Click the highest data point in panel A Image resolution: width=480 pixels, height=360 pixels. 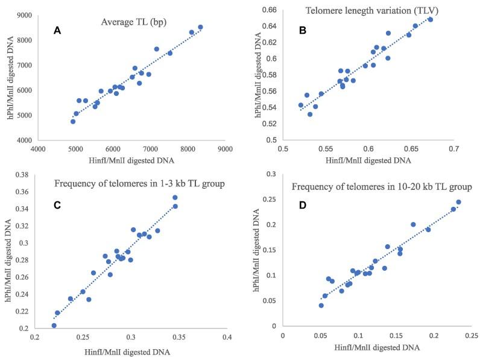201,27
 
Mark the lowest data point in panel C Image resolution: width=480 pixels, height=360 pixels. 54,326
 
